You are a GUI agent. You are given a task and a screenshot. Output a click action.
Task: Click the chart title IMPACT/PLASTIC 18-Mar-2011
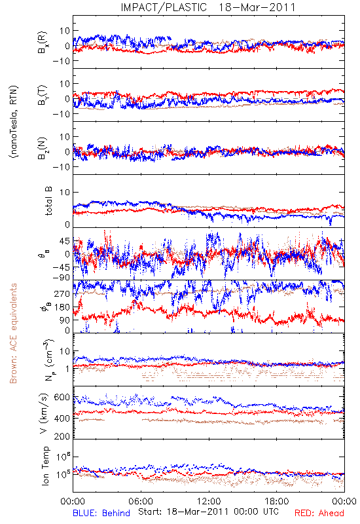point(208,7)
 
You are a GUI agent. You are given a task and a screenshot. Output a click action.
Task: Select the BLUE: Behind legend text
point(101,513)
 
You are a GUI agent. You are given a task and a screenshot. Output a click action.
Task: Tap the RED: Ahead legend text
point(319,513)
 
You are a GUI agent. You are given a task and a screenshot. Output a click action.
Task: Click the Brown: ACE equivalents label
point(13,333)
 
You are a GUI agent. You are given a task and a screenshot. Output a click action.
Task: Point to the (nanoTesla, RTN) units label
point(14,121)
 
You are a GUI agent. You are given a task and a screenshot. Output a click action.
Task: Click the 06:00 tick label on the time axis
point(141,501)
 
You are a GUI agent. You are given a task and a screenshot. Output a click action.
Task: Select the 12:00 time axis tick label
point(209,501)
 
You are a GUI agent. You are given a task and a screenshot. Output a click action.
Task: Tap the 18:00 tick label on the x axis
point(276,501)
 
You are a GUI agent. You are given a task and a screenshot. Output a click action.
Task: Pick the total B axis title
point(48,201)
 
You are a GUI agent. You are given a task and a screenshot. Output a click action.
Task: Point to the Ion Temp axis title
point(45,466)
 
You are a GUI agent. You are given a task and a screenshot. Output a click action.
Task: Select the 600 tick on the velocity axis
point(62,398)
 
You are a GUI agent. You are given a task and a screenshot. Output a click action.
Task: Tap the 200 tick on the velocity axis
point(62,436)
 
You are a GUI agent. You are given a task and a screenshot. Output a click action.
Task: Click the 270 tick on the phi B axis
point(62,293)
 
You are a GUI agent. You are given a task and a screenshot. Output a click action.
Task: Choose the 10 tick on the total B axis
point(65,192)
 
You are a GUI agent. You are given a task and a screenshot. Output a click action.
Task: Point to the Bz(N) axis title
point(43,148)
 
